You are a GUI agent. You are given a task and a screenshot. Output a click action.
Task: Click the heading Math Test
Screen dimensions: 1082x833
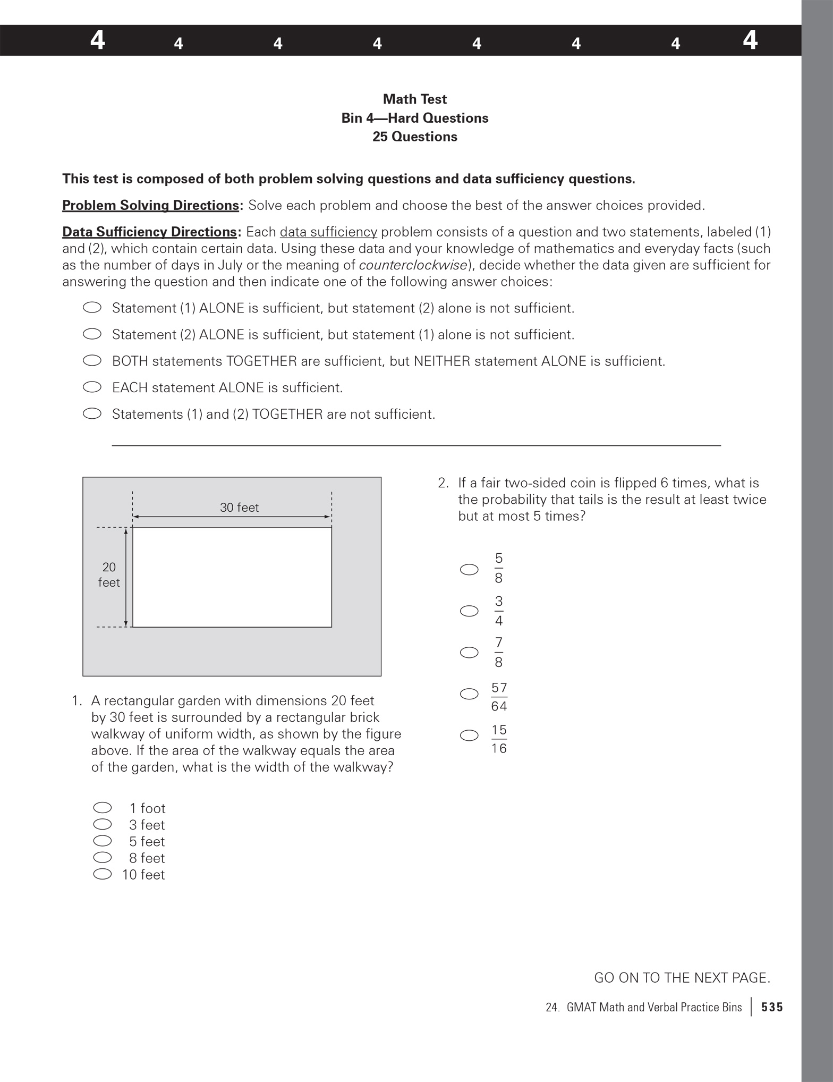click(414, 99)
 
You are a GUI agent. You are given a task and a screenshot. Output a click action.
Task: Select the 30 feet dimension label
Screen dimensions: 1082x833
click(239, 508)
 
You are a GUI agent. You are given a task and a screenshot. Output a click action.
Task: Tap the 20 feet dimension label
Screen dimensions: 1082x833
click(109, 574)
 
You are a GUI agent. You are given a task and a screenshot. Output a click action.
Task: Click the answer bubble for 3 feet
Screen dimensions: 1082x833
click(102, 824)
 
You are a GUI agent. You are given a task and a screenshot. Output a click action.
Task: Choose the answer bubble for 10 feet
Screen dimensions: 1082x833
click(102, 874)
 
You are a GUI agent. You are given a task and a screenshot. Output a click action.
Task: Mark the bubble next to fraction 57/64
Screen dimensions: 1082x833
click(469, 694)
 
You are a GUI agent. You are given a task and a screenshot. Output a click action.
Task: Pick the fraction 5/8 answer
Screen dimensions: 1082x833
click(498, 568)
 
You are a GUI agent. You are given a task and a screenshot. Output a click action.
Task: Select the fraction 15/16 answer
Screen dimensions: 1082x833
click(498, 739)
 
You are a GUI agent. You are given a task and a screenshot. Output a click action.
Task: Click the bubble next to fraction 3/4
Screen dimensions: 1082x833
click(469, 611)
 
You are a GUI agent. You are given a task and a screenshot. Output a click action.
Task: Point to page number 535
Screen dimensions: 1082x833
click(772, 1007)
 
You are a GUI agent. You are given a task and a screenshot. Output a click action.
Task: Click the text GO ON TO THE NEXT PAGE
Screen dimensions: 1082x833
click(682, 978)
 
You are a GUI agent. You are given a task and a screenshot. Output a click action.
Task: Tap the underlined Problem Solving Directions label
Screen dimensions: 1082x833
click(151, 206)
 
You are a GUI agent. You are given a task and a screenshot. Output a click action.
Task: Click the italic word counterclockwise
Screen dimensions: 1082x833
click(413, 265)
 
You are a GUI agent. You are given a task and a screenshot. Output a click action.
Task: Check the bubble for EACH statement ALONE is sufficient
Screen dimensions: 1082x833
click(92, 387)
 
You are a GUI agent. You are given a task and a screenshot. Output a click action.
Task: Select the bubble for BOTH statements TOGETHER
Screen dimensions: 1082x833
click(92, 360)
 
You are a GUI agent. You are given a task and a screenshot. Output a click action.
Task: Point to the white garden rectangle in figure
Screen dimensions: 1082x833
click(232, 577)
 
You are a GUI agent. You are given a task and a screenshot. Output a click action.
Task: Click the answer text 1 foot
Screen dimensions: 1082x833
click(147, 808)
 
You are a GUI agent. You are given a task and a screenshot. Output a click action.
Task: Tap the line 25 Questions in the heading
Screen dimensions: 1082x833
click(414, 137)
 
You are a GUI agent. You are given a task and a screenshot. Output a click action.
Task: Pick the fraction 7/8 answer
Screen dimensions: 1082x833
click(498, 653)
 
